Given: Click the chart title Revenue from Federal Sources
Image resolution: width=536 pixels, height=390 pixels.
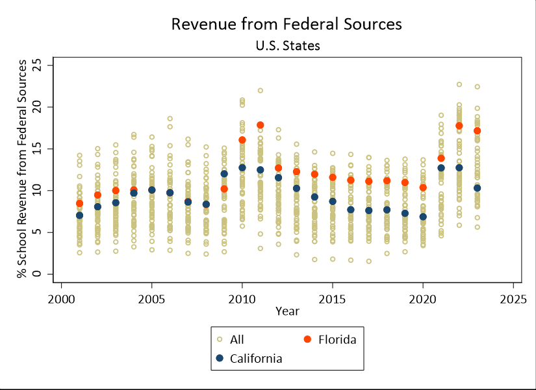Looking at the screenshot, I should click(x=287, y=24).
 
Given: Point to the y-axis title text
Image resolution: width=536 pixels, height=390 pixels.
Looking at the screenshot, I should click(x=23, y=168).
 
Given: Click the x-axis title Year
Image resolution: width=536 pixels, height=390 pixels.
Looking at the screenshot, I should click(x=287, y=311).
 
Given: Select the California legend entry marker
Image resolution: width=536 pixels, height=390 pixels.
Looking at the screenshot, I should click(x=219, y=358).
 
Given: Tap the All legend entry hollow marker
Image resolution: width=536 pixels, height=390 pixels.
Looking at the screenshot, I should click(x=219, y=338).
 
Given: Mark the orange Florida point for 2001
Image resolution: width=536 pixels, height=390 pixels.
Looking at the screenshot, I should click(x=79, y=203).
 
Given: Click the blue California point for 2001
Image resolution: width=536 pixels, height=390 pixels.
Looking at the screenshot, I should click(x=79, y=215).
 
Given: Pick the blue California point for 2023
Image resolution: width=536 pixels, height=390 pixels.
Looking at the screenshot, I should click(x=477, y=188).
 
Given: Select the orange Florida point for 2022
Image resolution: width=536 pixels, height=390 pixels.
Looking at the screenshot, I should click(x=459, y=125).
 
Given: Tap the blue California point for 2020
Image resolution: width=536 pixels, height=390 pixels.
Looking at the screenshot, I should click(x=423, y=216).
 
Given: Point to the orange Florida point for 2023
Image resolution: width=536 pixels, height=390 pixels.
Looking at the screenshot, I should click(x=477, y=130).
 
